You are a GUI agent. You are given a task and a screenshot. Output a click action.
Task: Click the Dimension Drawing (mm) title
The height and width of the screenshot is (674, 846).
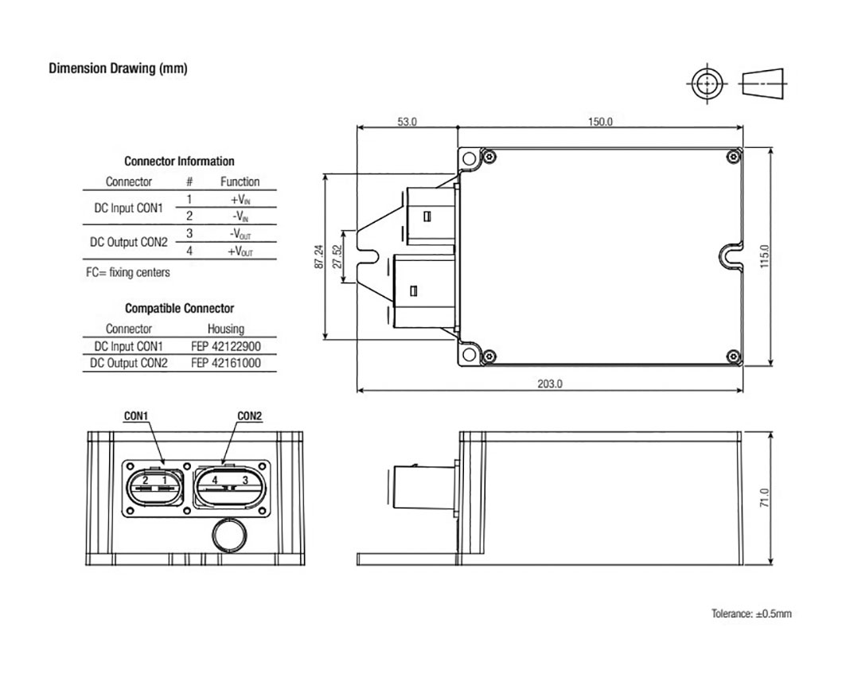tap(118, 68)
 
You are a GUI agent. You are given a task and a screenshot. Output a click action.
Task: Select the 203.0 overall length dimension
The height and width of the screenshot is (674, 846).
tap(549, 384)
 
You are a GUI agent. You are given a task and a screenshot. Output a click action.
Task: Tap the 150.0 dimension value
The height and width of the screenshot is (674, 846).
tap(600, 122)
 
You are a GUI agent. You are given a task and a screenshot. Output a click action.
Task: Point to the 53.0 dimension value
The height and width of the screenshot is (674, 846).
tap(407, 122)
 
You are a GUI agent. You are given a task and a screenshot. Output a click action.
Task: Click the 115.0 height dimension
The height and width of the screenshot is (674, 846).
tap(764, 256)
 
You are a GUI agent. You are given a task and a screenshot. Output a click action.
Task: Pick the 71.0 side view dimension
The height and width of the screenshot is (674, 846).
tap(764, 500)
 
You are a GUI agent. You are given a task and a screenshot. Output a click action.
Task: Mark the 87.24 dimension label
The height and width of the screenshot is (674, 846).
tap(318, 256)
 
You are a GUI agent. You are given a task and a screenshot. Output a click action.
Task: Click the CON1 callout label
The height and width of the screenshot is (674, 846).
tap(136, 415)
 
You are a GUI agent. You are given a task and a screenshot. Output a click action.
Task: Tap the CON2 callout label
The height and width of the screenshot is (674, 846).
tap(249, 415)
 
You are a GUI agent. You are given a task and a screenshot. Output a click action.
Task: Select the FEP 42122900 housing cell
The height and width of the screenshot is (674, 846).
tap(225, 346)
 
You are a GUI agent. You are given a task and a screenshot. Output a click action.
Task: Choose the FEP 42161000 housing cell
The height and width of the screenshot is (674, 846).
tap(225, 363)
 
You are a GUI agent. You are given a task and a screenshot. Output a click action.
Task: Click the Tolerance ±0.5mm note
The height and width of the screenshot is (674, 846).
tap(751, 614)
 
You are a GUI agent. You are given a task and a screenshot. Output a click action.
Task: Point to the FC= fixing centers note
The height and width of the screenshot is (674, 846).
tap(127, 272)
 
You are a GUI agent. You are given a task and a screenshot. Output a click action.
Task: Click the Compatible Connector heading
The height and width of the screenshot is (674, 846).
tap(179, 308)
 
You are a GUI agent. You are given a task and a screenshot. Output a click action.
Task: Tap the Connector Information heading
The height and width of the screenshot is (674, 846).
tap(179, 161)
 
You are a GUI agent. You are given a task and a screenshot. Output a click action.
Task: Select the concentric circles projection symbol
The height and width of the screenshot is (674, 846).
tap(705, 84)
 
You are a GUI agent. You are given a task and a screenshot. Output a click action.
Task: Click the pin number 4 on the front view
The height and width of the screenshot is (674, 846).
tap(216, 481)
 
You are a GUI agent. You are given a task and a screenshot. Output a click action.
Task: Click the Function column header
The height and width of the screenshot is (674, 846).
tap(240, 181)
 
